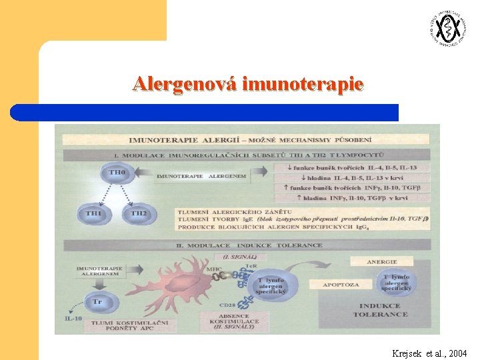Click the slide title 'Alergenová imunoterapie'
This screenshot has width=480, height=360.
(248, 84)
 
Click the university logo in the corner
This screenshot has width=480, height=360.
(447, 29)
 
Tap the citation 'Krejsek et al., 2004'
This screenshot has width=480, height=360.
(430, 352)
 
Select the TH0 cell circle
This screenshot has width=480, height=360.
(116, 174)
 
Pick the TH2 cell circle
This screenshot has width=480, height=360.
(139, 213)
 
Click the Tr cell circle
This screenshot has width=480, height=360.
(97, 302)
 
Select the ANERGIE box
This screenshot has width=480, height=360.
(382, 262)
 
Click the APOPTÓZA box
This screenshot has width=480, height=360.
(341, 284)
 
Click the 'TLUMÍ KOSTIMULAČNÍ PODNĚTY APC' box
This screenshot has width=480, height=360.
(122, 326)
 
